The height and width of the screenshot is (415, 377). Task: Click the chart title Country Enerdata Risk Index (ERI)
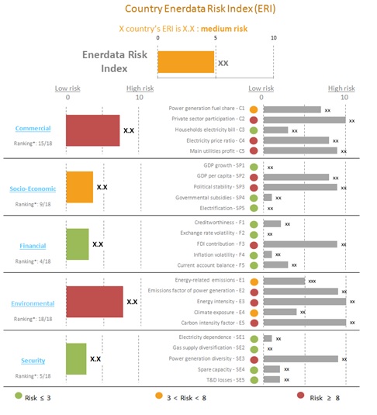tap(188, 9)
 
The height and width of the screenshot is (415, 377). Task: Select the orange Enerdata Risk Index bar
tap(185, 62)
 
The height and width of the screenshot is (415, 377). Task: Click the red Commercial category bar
tap(92, 130)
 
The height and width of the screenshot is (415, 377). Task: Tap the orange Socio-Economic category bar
tap(79, 187)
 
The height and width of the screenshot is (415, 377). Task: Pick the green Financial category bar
tap(77, 244)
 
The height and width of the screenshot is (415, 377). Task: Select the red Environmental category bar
tap(94, 301)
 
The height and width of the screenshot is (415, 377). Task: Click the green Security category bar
tap(76, 358)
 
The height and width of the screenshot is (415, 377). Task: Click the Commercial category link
tap(33, 128)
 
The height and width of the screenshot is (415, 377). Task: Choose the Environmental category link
tap(32, 303)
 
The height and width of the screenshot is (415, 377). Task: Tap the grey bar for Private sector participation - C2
tap(303, 119)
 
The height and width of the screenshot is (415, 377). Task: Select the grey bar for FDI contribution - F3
tap(300, 244)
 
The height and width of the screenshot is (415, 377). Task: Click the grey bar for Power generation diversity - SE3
tap(301, 358)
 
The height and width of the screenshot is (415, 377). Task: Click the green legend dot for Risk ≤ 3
tap(19, 397)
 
